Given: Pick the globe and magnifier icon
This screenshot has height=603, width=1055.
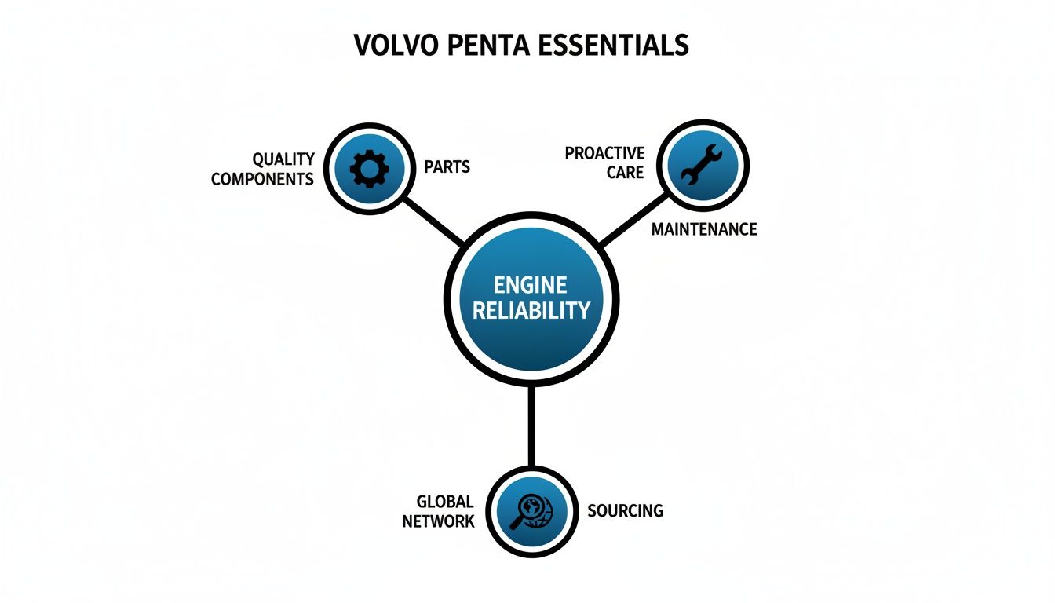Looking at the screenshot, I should pyautogui.click(x=531, y=511).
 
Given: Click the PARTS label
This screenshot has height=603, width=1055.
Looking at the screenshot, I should pyautogui.click(x=447, y=166).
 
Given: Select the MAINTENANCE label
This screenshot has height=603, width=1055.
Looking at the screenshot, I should pyautogui.click(x=704, y=229).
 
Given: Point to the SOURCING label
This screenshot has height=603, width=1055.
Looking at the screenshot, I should pyautogui.click(x=625, y=511).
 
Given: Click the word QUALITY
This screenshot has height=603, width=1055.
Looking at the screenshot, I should pyautogui.click(x=283, y=159).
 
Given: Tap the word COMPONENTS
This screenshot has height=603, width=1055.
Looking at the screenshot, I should pyautogui.click(x=262, y=179).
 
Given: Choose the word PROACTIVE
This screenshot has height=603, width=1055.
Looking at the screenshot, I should pyautogui.click(x=604, y=153).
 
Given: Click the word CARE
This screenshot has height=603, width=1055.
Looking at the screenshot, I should pyautogui.click(x=625, y=172).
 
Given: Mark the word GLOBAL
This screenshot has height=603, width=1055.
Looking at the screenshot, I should pyautogui.click(x=445, y=502).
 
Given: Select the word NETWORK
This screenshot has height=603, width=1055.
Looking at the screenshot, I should pyautogui.click(x=438, y=521).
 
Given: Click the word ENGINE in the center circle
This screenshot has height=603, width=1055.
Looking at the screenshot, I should pyautogui.click(x=531, y=285).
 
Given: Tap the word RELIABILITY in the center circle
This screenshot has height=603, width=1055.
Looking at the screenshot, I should pyautogui.click(x=531, y=310).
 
